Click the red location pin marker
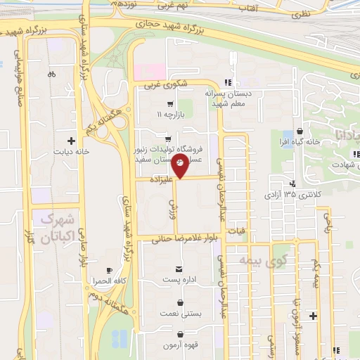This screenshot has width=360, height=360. pyautogui.click(x=180, y=167)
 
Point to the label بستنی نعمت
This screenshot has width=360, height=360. pyautogui.click(x=181, y=314)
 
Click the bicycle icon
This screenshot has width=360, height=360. pyautogui.click(x=51, y=74)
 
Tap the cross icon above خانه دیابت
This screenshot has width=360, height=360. pyautogui.click(x=71, y=141)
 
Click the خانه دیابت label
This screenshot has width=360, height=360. pyautogui.click(x=71, y=151)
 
